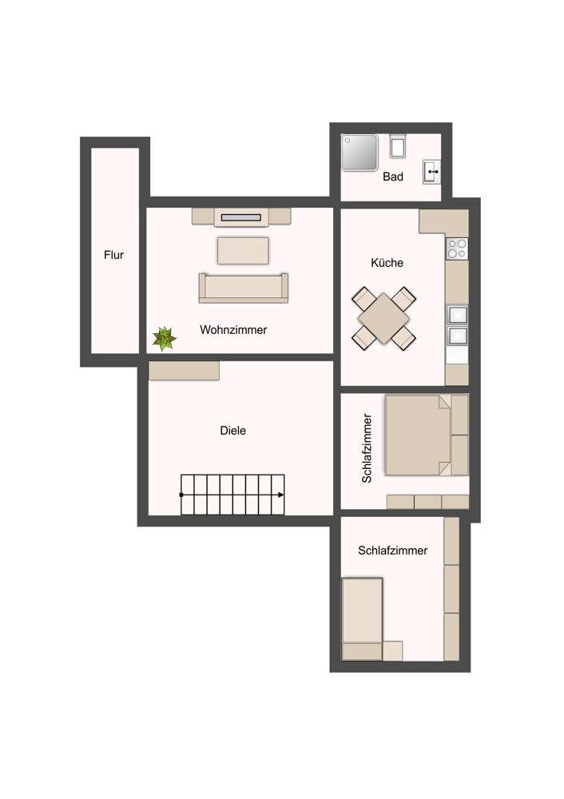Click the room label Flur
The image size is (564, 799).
point(113,256)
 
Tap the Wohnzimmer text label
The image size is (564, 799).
point(233,329)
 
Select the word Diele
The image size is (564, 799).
point(233,431)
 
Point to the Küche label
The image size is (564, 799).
point(387,263)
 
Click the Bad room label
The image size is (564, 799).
point(393,177)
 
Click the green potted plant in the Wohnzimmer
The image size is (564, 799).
point(165,339)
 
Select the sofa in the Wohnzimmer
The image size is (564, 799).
point(244,288)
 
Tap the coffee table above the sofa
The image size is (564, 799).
point(243,250)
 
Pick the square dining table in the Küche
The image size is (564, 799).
point(384,318)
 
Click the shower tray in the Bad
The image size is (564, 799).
point(360,153)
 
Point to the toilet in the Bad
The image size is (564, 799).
point(398,146)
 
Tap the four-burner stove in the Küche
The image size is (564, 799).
point(457,248)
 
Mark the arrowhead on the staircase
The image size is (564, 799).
point(280,495)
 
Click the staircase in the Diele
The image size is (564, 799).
point(232,495)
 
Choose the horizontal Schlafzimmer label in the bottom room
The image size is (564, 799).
point(393,551)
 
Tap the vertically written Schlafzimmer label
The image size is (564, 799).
point(367,448)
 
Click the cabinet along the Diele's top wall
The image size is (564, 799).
point(184,371)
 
